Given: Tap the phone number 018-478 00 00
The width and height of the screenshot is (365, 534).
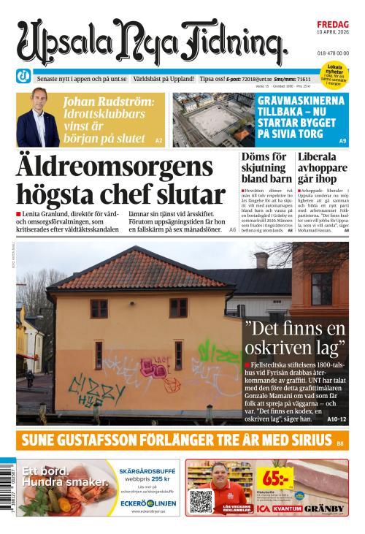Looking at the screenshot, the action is pos(333,53).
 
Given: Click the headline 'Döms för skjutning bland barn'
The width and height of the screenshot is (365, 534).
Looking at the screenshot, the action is pos(266,169).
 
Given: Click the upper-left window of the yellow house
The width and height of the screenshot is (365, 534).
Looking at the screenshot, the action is pos(99,308).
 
